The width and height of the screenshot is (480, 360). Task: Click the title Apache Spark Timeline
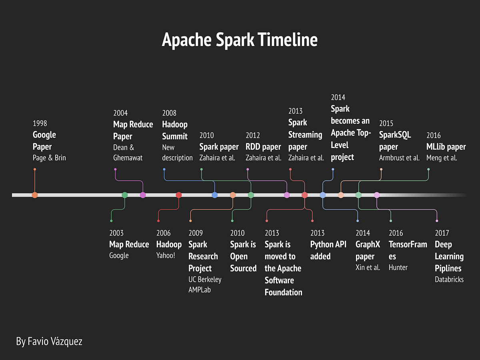click(240, 40)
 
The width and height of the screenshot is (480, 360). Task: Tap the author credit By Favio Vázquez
click(49, 342)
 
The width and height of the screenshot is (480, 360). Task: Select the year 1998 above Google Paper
click(40, 123)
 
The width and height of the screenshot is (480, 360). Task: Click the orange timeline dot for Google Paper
click(35, 195)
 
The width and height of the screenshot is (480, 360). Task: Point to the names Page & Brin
click(49, 158)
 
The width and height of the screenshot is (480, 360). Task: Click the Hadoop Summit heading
click(175, 130)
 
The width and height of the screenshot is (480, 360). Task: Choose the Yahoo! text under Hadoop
click(166, 255)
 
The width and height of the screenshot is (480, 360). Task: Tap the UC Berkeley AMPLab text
click(205, 284)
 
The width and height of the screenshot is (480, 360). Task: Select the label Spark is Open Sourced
click(243, 256)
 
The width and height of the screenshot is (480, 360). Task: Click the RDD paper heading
click(263, 147)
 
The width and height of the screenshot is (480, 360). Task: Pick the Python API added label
click(328, 250)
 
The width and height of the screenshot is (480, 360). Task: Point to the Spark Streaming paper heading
click(305, 135)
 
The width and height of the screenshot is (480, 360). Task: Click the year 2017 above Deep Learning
click(442, 233)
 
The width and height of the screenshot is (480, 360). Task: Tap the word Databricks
click(449, 280)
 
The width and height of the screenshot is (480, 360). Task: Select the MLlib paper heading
click(446, 147)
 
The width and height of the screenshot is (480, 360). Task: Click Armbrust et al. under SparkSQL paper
click(399, 158)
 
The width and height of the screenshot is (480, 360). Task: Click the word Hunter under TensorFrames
click(398, 268)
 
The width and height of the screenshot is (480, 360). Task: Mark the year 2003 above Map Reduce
click(116, 233)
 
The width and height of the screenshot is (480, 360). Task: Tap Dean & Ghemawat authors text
click(128, 153)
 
